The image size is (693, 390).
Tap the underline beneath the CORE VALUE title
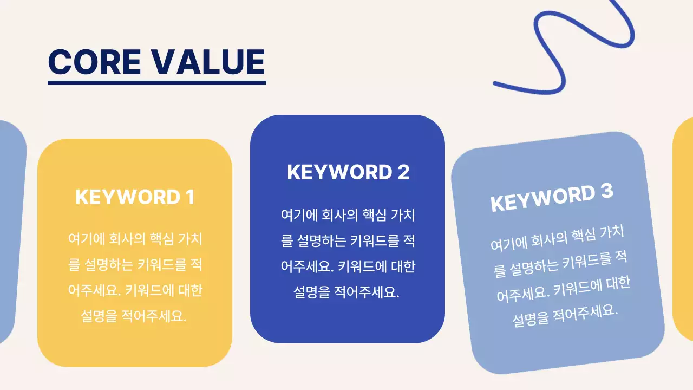[x=156, y=83]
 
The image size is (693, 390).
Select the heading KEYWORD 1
[x=134, y=197]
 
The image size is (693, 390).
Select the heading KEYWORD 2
[x=348, y=172]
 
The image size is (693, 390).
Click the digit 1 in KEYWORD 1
[x=189, y=197]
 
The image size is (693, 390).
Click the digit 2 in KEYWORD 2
[x=403, y=172]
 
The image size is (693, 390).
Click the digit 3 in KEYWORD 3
[x=606, y=191]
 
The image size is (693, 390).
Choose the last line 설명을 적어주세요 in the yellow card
[x=134, y=316]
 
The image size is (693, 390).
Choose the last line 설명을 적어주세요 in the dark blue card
[x=347, y=292]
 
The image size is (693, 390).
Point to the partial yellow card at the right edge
[x=684, y=227]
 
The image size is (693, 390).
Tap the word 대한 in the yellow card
[x=190, y=291]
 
